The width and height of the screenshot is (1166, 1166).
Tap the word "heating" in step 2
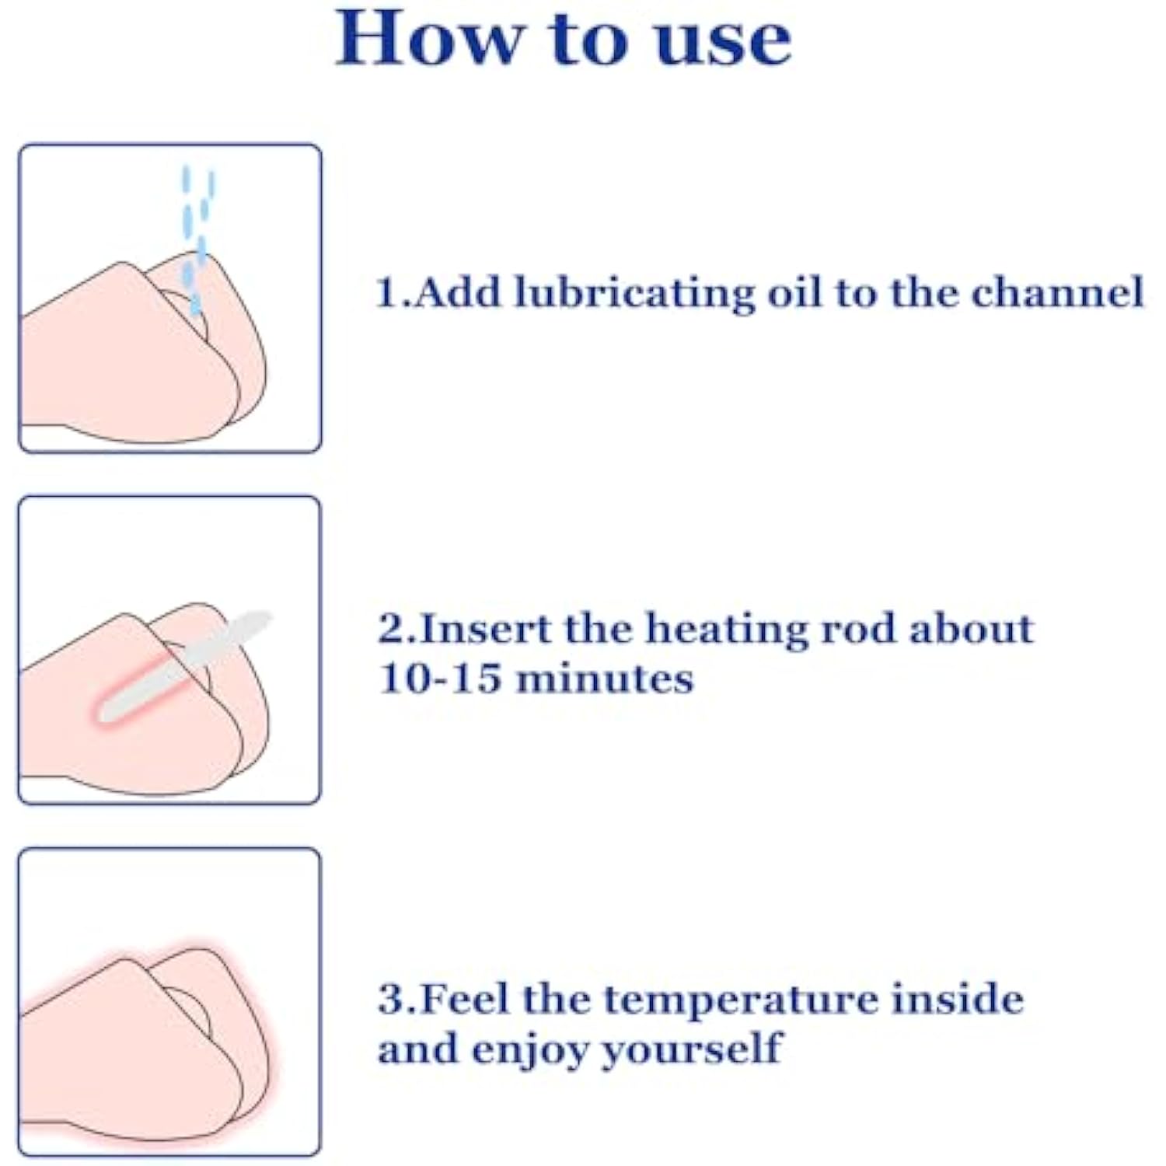click(728, 630)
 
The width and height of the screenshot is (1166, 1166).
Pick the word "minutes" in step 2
click(605, 678)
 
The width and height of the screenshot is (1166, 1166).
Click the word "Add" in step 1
click(457, 293)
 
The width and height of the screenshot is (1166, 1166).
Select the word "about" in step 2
click(972, 629)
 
